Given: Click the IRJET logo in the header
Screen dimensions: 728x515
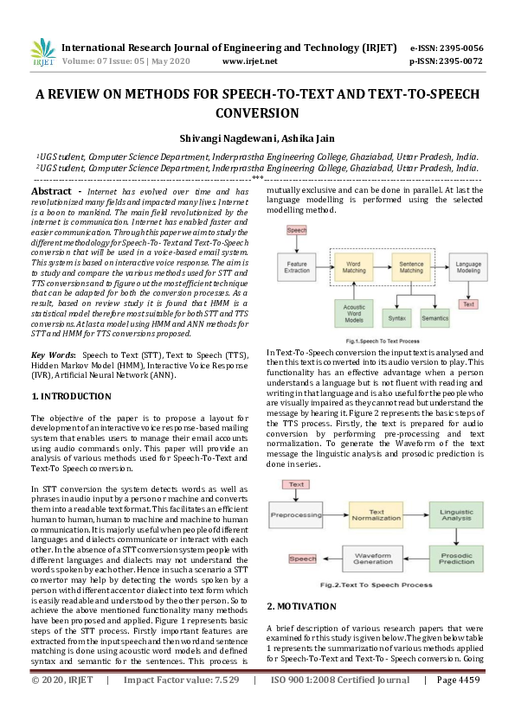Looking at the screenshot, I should [x=42, y=54].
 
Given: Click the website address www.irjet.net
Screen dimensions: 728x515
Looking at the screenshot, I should [x=249, y=62].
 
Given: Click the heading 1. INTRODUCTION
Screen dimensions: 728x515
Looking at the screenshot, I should [x=71, y=396].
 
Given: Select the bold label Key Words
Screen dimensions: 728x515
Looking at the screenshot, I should [x=51, y=355].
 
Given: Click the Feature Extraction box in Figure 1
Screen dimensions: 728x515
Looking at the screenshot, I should [x=298, y=266].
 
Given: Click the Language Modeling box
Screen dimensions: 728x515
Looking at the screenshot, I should [x=469, y=266].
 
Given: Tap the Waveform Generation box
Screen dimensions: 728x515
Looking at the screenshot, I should [x=374, y=559].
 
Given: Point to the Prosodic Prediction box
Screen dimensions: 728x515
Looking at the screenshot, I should [x=456, y=559].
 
